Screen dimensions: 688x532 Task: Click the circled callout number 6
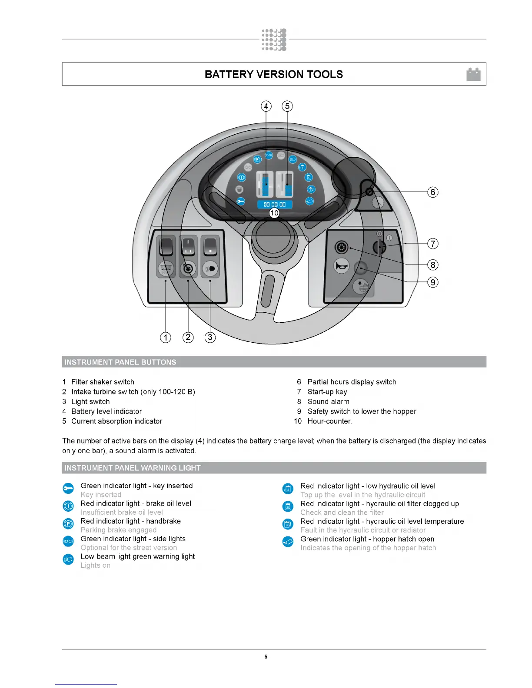coord(432,192)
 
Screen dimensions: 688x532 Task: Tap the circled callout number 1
coord(166,337)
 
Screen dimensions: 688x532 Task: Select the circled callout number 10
coord(274,213)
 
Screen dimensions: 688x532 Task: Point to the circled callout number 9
coord(432,282)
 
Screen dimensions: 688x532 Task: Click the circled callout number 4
coord(266,106)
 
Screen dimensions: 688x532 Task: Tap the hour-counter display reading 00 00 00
coord(275,204)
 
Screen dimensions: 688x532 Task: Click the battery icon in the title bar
coord(473,74)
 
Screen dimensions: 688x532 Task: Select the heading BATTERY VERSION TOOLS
coord(274,74)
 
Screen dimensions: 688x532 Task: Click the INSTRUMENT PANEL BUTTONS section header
coord(120,362)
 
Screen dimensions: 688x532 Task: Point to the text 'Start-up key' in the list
coord(327,392)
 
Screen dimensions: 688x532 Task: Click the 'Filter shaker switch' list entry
coord(103,382)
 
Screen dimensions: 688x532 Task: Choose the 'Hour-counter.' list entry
coord(329,421)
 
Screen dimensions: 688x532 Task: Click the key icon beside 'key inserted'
coord(68,489)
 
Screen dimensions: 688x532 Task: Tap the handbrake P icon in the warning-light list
coord(68,524)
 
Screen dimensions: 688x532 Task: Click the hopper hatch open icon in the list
coord(288,542)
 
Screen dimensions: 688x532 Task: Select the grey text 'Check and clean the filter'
coord(342,513)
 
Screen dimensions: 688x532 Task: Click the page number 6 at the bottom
coord(266,657)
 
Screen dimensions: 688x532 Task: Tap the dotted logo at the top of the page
coord(274,40)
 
